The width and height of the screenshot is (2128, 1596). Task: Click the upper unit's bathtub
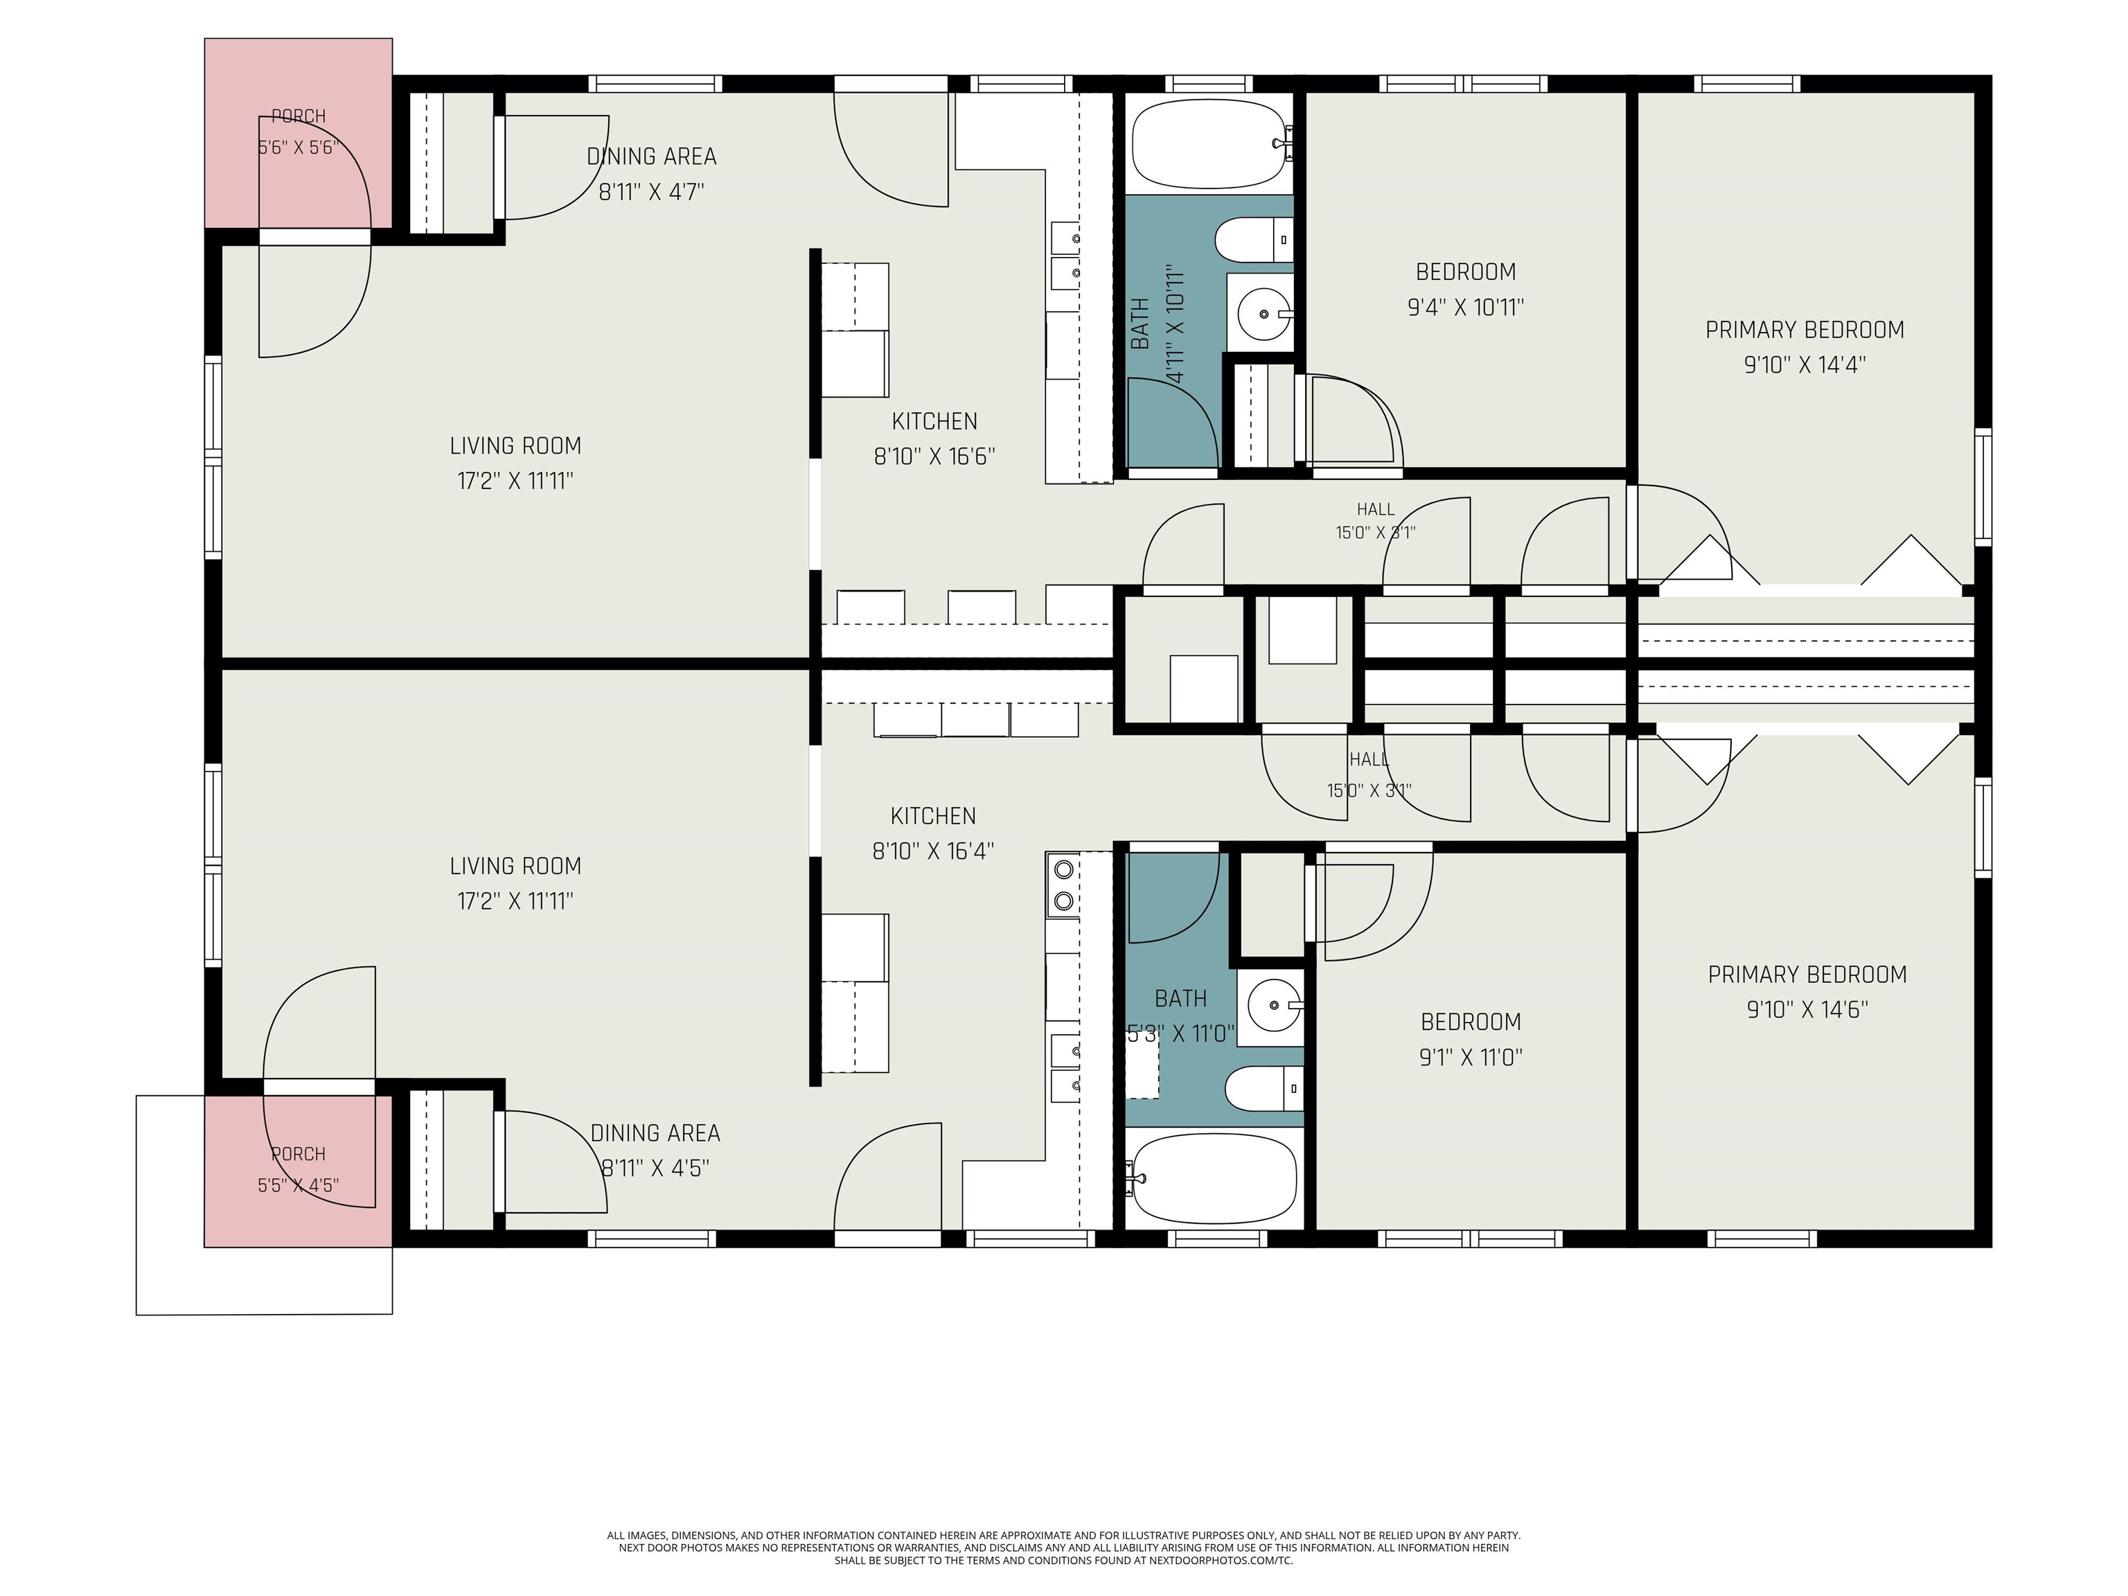click(x=1209, y=143)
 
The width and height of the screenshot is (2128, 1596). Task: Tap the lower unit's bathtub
click(x=1215, y=1178)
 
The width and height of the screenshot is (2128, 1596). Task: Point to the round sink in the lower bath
click(x=1275, y=1005)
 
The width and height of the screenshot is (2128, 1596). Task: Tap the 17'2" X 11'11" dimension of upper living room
click(x=515, y=480)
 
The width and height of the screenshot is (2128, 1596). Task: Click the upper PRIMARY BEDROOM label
click(x=1805, y=330)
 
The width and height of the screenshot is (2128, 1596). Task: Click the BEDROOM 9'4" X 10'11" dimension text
click(x=1465, y=307)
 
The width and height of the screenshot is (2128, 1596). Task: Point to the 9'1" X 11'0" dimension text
click(x=1470, y=1057)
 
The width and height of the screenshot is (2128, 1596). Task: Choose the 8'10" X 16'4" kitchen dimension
click(x=932, y=851)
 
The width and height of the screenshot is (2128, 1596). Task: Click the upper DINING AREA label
click(x=651, y=156)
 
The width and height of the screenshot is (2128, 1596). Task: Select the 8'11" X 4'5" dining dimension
click(x=655, y=1168)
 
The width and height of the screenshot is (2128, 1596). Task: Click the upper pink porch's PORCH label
click(x=299, y=116)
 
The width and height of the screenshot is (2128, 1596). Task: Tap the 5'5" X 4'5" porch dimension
click(x=299, y=1185)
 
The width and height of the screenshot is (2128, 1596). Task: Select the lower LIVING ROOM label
click(x=515, y=866)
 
